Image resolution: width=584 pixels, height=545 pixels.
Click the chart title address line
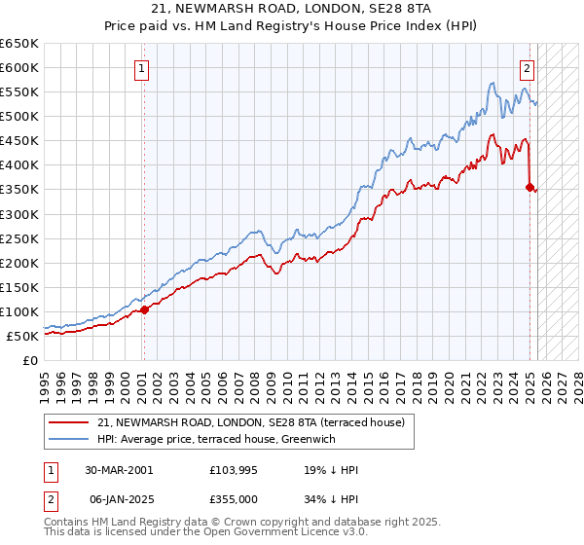[292, 9]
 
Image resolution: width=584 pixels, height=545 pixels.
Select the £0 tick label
[31, 360]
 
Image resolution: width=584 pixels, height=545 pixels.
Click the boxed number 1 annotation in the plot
[142, 68]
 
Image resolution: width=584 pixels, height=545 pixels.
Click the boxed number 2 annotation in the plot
[527, 68]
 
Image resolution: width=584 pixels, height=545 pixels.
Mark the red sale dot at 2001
[144, 309]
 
